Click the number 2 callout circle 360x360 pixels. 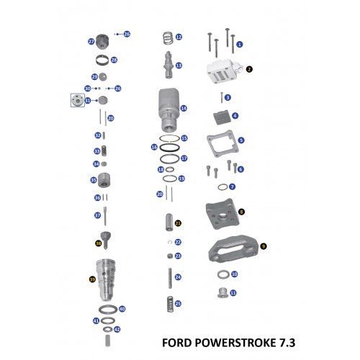248,70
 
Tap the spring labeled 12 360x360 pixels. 166,37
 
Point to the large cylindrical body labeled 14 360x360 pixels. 167,108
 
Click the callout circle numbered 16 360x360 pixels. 154,147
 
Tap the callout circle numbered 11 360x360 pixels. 233,293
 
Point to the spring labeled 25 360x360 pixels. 168,304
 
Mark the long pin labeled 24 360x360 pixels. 168,276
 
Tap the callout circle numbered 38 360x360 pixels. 98,243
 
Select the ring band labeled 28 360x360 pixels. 104,59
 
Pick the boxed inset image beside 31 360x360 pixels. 75,101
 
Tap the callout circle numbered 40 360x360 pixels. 122,309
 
